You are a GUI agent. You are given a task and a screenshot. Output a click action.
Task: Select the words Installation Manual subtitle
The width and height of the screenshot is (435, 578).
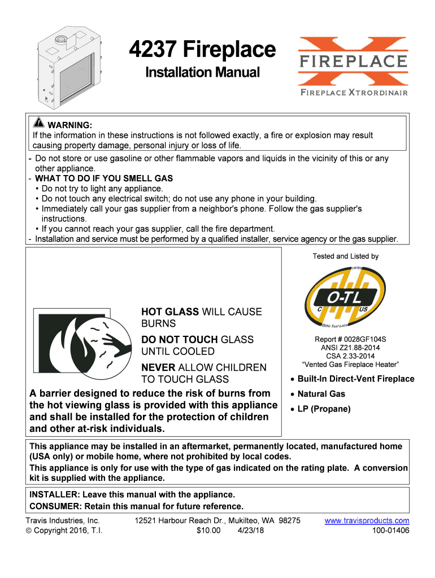[202, 72]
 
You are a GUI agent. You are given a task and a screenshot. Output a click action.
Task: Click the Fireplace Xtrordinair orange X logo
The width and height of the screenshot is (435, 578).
[353, 65]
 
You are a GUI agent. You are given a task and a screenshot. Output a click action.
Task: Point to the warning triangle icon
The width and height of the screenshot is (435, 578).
[39, 124]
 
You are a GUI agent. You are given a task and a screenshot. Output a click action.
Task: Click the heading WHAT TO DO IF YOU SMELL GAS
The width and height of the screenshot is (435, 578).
[104, 178]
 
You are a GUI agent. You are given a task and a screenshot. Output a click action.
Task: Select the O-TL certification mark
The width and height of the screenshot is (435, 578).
[345, 297]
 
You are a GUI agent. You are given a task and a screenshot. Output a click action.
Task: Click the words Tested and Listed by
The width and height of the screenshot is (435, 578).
[345, 256]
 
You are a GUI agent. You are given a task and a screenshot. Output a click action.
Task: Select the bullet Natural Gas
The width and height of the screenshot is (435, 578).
[321, 394]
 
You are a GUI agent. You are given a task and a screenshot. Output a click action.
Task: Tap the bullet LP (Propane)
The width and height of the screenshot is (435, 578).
[324, 409]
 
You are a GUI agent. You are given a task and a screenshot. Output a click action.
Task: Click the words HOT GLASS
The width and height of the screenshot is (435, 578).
[169, 312]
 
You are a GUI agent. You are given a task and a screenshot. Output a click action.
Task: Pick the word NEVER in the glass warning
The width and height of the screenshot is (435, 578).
[158, 367]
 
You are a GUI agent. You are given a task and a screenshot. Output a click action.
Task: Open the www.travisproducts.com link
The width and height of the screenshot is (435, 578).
[367, 520]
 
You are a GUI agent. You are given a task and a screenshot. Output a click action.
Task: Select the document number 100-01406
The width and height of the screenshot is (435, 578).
[391, 531]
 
